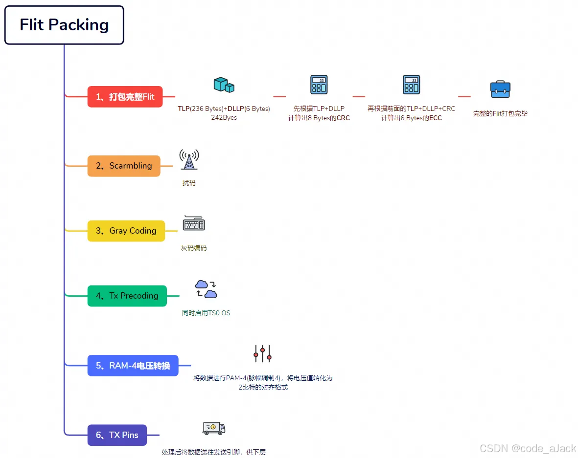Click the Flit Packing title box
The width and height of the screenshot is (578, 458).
coord(64,25)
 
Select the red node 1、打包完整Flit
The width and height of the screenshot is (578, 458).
coord(125,97)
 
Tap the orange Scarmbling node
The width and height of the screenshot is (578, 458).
coord(124,166)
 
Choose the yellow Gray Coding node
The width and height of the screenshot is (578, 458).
coord(126,231)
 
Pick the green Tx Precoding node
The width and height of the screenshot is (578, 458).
coord(127,296)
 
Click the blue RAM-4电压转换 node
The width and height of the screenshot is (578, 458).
coord(133,366)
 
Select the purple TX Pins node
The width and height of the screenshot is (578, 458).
coord(117,435)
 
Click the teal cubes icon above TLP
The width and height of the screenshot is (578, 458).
coord(224,85)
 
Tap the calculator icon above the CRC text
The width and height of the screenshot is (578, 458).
coord(319,85)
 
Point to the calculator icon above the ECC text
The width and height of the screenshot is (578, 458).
coord(411,85)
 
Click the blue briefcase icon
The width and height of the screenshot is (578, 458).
coord(500,89)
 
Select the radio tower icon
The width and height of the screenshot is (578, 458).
coord(189,160)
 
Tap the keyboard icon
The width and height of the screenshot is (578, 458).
coord(194,223)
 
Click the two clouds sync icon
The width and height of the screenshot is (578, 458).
coord(206,289)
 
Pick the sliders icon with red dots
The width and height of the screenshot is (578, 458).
coord(262,353)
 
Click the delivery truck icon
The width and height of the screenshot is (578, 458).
coord(214,428)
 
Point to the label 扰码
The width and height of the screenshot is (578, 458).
coord(189,183)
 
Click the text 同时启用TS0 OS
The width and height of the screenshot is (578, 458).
coord(206,313)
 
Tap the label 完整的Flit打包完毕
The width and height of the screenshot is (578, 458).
coord(500,113)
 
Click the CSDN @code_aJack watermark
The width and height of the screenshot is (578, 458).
coord(528,448)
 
